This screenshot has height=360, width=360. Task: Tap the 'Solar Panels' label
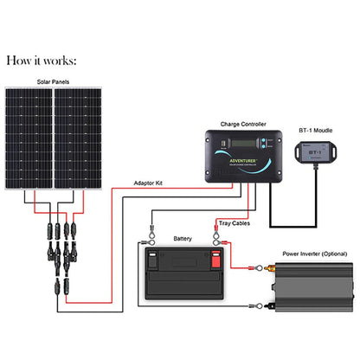[54, 81]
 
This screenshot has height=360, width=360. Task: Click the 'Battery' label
[183, 236]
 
